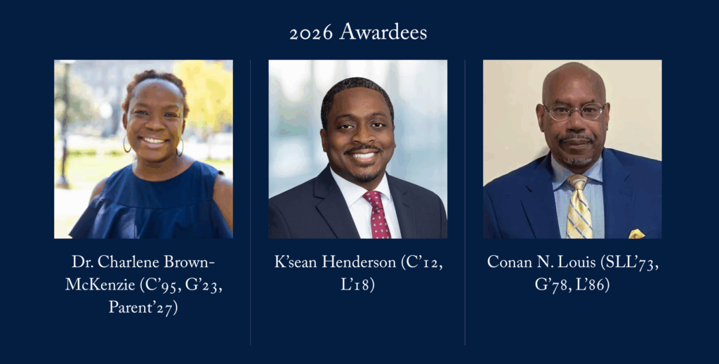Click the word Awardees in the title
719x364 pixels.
(x=383, y=32)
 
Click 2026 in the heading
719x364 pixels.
(x=311, y=33)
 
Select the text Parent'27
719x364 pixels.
(x=143, y=307)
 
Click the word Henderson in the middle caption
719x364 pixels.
(x=359, y=262)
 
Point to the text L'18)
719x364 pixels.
(x=357, y=285)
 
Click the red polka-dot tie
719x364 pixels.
(x=377, y=215)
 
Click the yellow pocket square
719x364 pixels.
(x=636, y=233)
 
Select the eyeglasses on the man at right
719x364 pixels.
(x=574, y=111)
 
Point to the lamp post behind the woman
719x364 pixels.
(x=65, y=124)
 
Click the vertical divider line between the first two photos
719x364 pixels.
(x=251, y=202)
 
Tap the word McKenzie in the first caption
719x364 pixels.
(x=100, y=285)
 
